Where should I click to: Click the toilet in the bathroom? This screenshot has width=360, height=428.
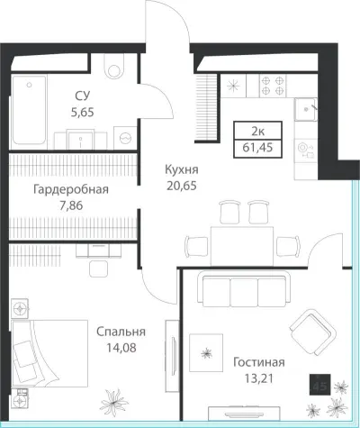click(x=114, y=67)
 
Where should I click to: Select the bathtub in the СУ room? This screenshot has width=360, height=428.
click(x=29, y=110)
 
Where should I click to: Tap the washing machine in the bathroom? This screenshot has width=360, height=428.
click(x=125, y=138)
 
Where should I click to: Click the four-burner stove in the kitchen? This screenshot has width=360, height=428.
click(x=273, y=86)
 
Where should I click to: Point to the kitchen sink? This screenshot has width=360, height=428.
click(x=306, y=109)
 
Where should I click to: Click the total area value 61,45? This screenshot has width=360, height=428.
click(x=257, y=148)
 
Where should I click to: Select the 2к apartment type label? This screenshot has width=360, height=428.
click(x=257, y=132)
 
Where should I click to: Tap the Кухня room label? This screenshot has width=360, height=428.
click(x=182, y=169)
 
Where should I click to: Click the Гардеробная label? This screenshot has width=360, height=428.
click(x=71, y=190)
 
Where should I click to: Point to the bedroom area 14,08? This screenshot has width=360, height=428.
click(x=121, y=348)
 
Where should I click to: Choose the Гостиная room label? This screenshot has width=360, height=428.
click(x=259, y=362)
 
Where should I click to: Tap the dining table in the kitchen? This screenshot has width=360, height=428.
click(x=242, y=246)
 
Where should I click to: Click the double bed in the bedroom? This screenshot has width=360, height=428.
click(x=49, y=353)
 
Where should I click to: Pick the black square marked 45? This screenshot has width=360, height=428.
click(x=320, y=385)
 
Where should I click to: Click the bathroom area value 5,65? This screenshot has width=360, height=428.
click(x=83, y=113)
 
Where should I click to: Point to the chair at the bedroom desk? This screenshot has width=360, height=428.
click(x=98, y=269)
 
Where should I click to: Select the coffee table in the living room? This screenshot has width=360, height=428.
click(x=206, y=352)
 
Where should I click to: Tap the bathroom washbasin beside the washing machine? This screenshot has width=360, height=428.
click(x=80, y=140)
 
